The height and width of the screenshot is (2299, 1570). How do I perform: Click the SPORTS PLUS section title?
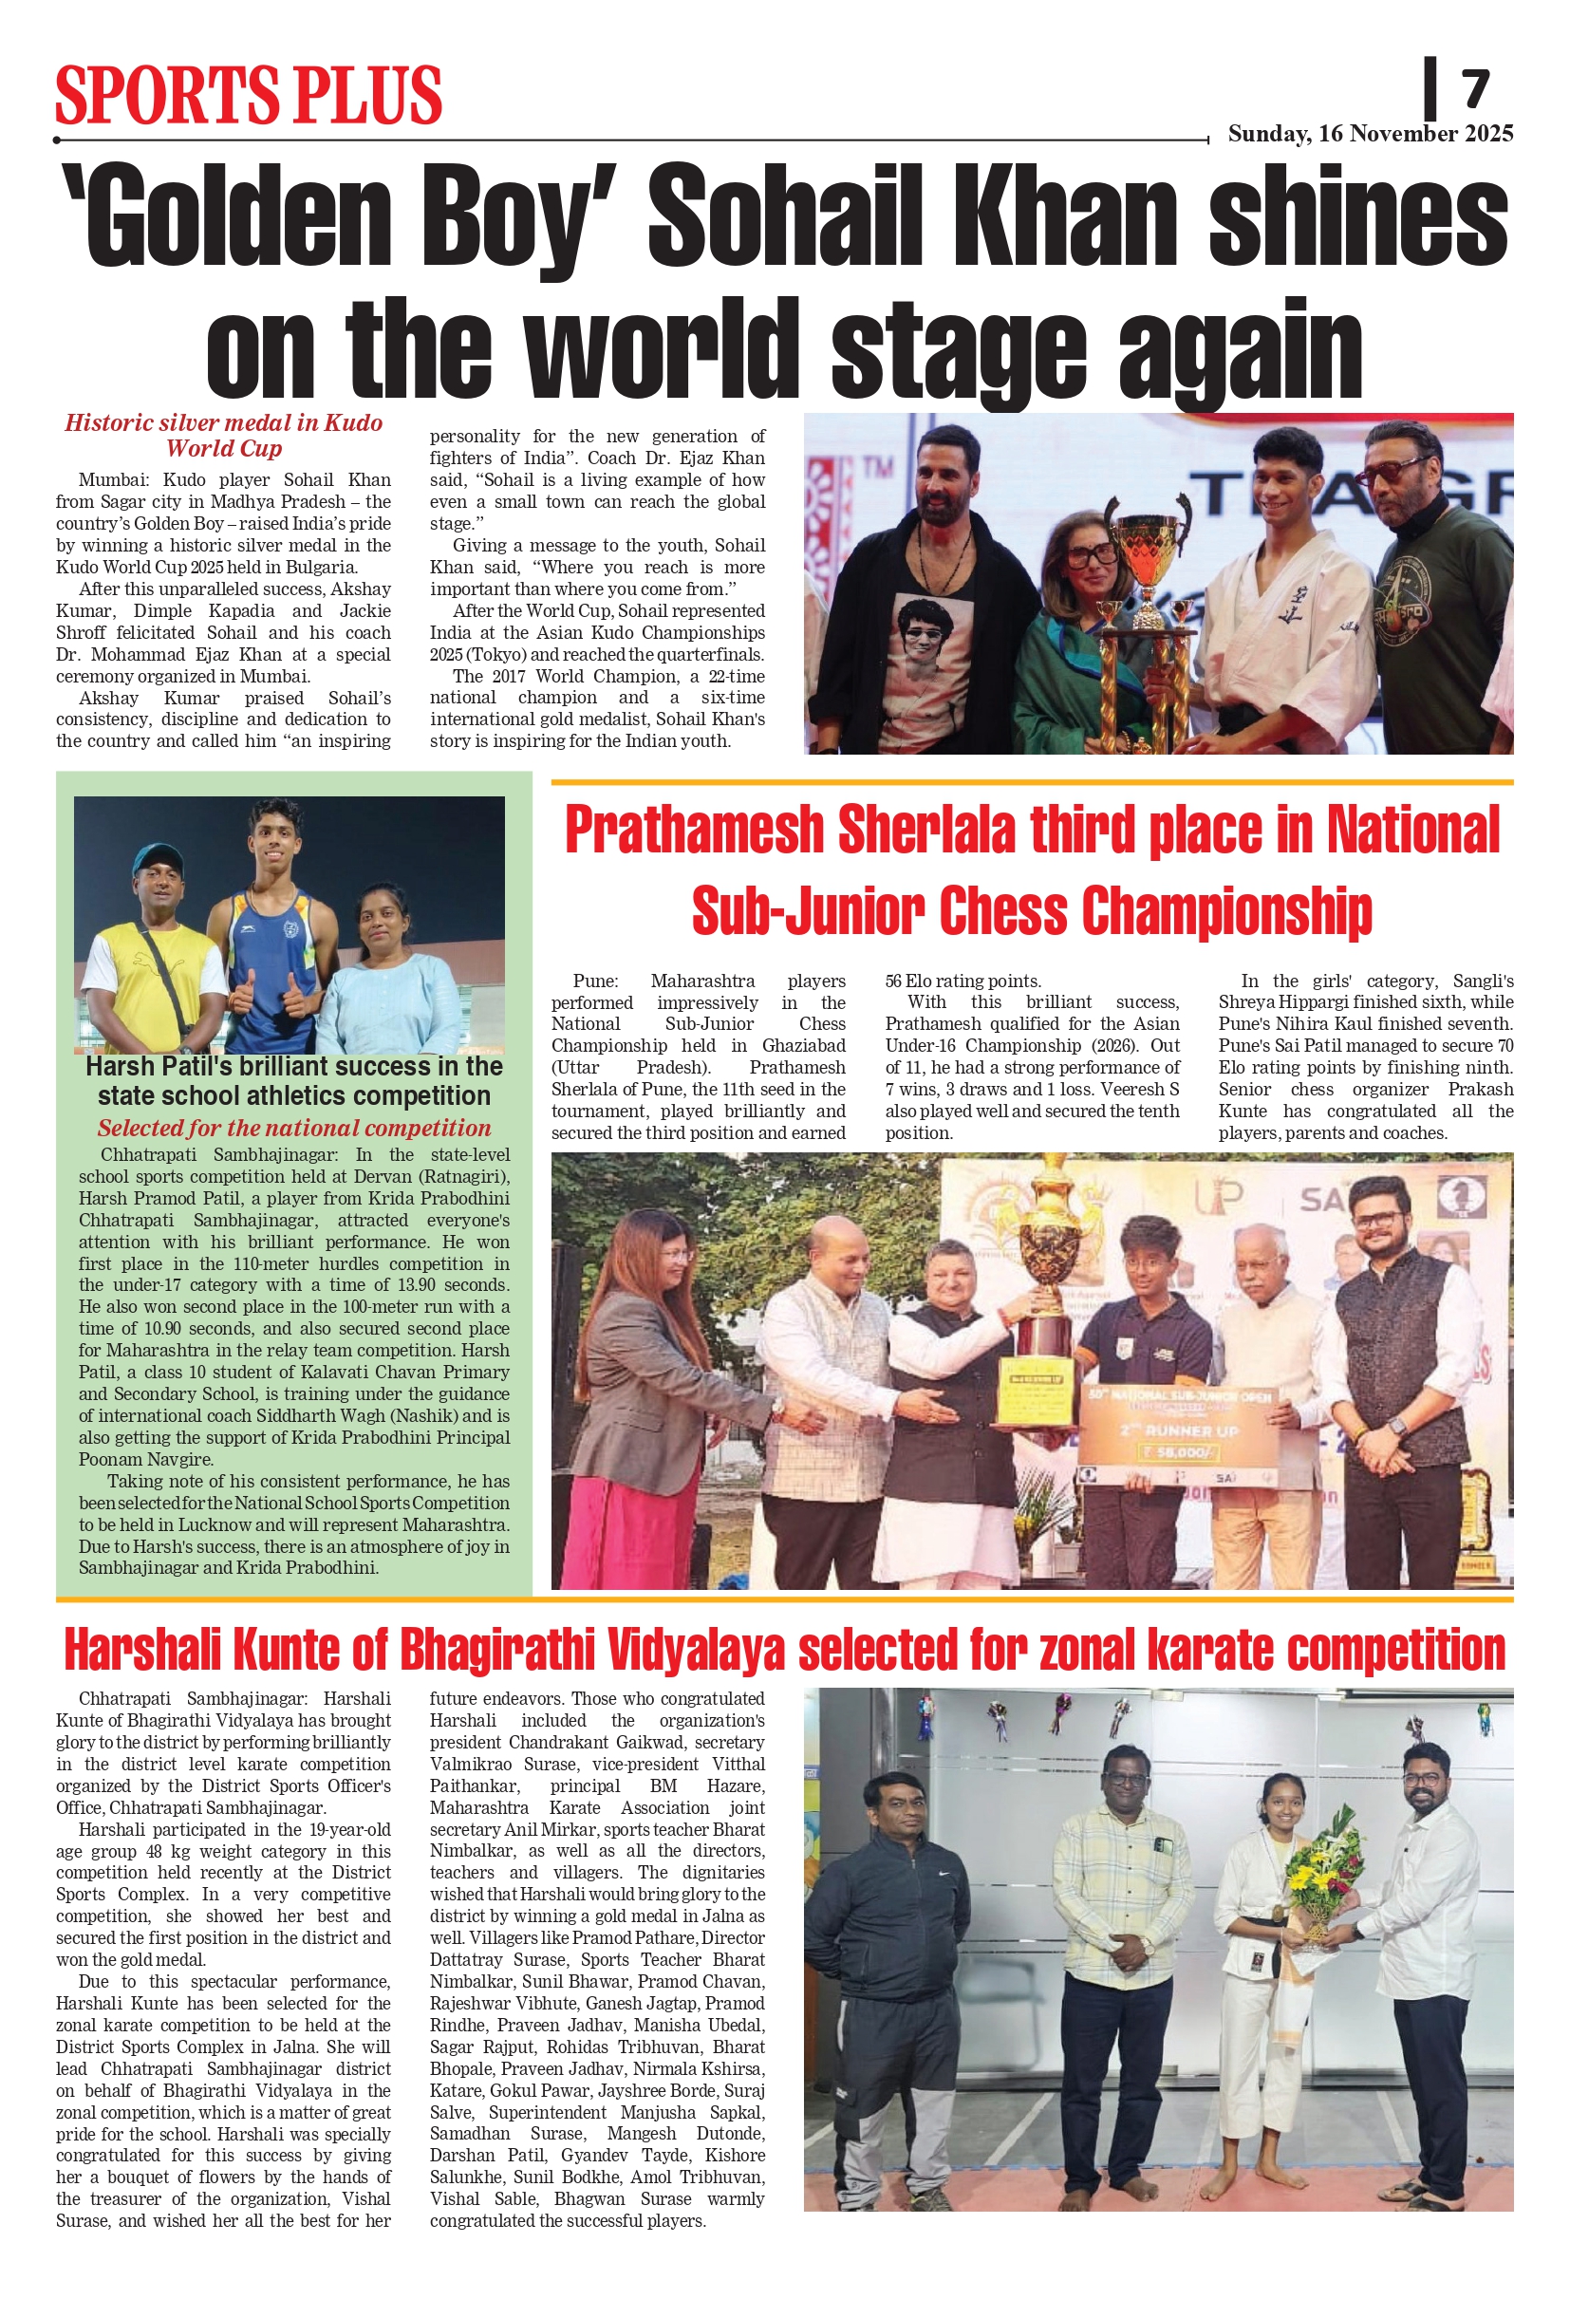coord(249,95)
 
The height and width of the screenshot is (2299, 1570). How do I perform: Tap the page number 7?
coord(1475,90)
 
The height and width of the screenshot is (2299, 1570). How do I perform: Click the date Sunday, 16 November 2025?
coord(1370,134)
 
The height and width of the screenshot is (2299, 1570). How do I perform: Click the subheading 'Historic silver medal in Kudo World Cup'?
coord(224,436)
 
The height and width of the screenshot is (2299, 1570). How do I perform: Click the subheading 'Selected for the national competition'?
coord(294,1128)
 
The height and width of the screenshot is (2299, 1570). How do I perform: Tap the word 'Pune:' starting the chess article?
coord(595,981)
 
